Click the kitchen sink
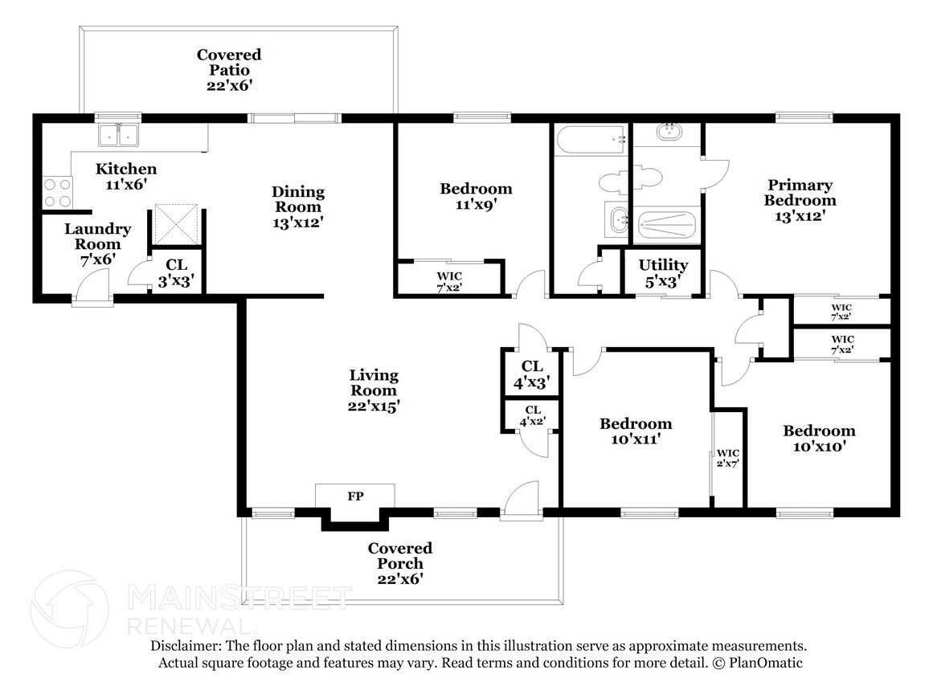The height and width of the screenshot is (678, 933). pyautogui.click(x=118, y=135)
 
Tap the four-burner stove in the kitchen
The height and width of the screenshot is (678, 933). pyautogui.click(x=57, y=193)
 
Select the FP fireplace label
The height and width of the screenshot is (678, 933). pyautogui.click(x=355, y=496)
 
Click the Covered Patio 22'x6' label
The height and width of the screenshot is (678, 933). pyautogui.click(x=229, y=70)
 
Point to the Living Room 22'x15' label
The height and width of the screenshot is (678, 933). pyautogui.click(x=374, y=390)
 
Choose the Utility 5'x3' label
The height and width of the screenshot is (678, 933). pyautogui.click(x=663, y=273)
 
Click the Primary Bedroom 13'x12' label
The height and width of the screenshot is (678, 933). pyautogui.click(x=800, y=200)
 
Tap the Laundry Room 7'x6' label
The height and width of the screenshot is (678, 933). pyautogui.click(x=97, y=244)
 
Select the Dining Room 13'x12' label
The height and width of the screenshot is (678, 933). pyautogui.click(x=298, y=207)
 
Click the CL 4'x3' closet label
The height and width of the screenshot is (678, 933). pyautogui.click(x=532, y=374)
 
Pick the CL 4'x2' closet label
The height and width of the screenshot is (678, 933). pyautogui.click(x=533, y=415)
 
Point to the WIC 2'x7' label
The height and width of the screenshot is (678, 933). pyautogui.click(x=728, y=458)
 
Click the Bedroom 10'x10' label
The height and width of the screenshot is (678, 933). pyautogui.click(x=819, y=438)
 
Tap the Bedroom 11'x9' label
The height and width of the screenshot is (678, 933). pyautogui.click(x=476, y=196)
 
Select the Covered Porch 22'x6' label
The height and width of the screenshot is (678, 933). pyautogui.click(x=400, y=563)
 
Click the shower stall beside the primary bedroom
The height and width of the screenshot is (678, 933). pyautogui.click(x=667, y=226)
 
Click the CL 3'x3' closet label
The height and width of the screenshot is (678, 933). pyautogui.click(x=176, y=273)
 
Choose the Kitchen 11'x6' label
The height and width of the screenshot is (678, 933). pyautogui.click(x=126, y=176)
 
